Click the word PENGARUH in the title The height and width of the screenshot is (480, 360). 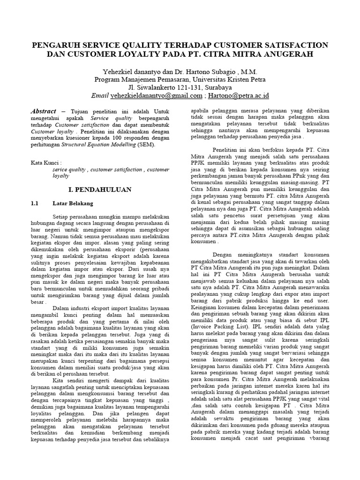[x=54, y=45]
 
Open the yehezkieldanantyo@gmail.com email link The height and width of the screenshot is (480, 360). [x=156, y=95]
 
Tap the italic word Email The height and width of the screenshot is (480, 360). [x=100, y=95]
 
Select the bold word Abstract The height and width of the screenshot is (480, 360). [x=44, y=111]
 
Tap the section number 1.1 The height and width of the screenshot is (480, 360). [x=34, y=204]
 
